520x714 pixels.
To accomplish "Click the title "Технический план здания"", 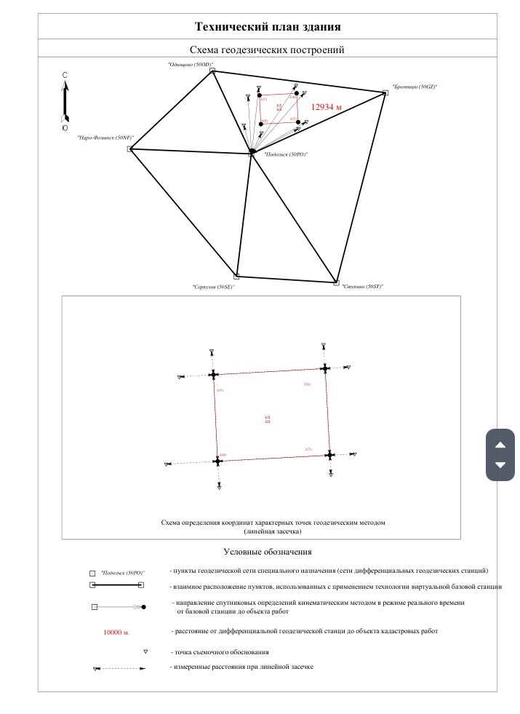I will pos(268,26).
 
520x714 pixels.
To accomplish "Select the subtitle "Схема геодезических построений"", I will pos(266,49).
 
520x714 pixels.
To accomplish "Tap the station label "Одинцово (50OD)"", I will pos(190,64).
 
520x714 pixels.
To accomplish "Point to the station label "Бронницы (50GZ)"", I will pos(415,87).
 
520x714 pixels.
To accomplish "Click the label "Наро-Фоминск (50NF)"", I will pos(105,137).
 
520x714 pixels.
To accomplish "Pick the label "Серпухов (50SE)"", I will pos(214,287).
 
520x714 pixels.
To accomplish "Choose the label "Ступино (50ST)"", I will pos(362,287).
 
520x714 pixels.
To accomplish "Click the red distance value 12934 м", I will pos(326,106).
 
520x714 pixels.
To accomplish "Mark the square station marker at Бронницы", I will pos(385,92).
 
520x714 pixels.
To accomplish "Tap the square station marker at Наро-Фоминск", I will pos(129,149).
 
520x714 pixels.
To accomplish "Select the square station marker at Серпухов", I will pos(236,276).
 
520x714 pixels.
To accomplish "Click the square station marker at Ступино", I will pos(336,282).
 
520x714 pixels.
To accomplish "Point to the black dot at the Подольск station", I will pos(252,151).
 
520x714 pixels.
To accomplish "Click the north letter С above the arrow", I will pos(65,75).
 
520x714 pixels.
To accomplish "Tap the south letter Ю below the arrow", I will pos(65,127).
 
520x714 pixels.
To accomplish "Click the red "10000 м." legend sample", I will pos(116,633).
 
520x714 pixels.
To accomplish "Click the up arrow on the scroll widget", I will pos(500,445).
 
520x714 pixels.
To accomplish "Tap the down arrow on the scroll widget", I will pos(500,464).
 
